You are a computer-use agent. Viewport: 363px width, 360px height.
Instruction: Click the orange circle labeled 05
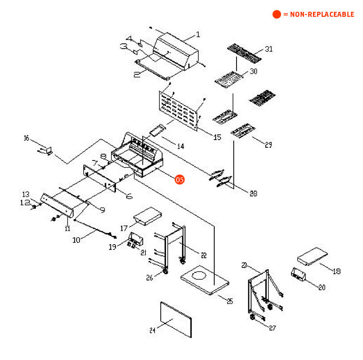(180, 180)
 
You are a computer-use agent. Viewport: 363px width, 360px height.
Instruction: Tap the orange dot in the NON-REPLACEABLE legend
(277, 15)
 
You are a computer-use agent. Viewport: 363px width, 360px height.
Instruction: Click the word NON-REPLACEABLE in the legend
(321, 15)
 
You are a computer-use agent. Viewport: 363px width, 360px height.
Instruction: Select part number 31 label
(269, 49)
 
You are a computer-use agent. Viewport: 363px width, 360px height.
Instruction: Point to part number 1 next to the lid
(198, 35)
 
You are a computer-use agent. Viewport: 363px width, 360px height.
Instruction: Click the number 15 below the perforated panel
(217, 137)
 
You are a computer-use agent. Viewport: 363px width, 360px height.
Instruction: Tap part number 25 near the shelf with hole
(229, 301)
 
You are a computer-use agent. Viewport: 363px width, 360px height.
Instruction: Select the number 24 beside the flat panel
(152, 330)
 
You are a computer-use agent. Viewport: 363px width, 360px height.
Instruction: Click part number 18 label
(337, 271)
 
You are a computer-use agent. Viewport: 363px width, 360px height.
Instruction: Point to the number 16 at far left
(26, 138)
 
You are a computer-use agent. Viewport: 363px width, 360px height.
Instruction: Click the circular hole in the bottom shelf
(200, 275)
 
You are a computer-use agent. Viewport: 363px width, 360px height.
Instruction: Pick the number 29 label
(268, 145)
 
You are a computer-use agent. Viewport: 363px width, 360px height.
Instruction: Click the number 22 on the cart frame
(203, 255)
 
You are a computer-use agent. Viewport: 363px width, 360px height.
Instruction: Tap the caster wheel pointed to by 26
(165, 271)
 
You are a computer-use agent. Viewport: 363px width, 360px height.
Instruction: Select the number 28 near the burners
(253, 194)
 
